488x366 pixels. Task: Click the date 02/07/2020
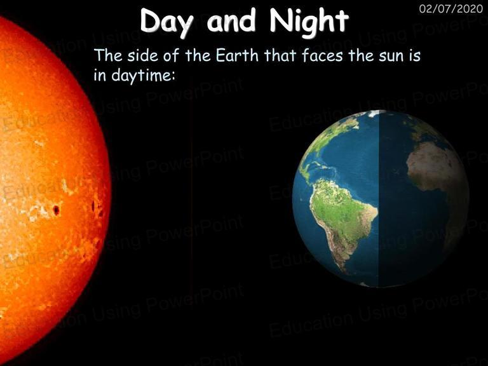click(x=451, y=9)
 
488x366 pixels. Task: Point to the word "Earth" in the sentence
click(x=237, y=55)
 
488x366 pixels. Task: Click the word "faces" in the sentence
click(x=322, y=55)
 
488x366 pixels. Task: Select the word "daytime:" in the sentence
click(x=142, y=76)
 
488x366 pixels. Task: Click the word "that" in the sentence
click(x=280, y=55)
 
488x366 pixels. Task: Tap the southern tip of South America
click(x=344, y=272)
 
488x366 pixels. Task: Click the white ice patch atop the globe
click(x=377, y=113)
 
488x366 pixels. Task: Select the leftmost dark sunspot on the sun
click(x=56, y=210)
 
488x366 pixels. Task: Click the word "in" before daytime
click(x=100, y=75)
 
